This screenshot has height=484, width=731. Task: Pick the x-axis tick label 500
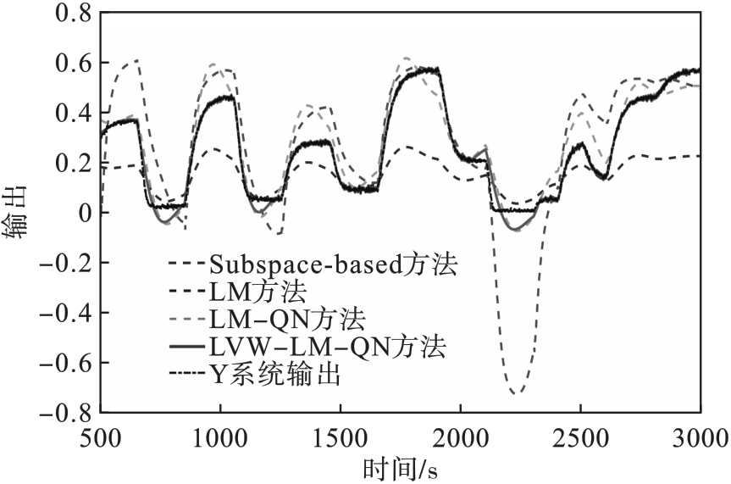tap(101, 439)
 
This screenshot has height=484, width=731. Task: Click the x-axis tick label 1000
tap(220, 439)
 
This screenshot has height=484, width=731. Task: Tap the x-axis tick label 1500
tap(341, 439)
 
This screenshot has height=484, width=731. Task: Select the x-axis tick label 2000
tap(460, 439)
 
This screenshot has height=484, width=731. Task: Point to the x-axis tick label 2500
tap(580, 439)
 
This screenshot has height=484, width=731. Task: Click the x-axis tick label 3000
tap(700, 439)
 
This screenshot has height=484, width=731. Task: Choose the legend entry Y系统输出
tap(280, 375)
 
